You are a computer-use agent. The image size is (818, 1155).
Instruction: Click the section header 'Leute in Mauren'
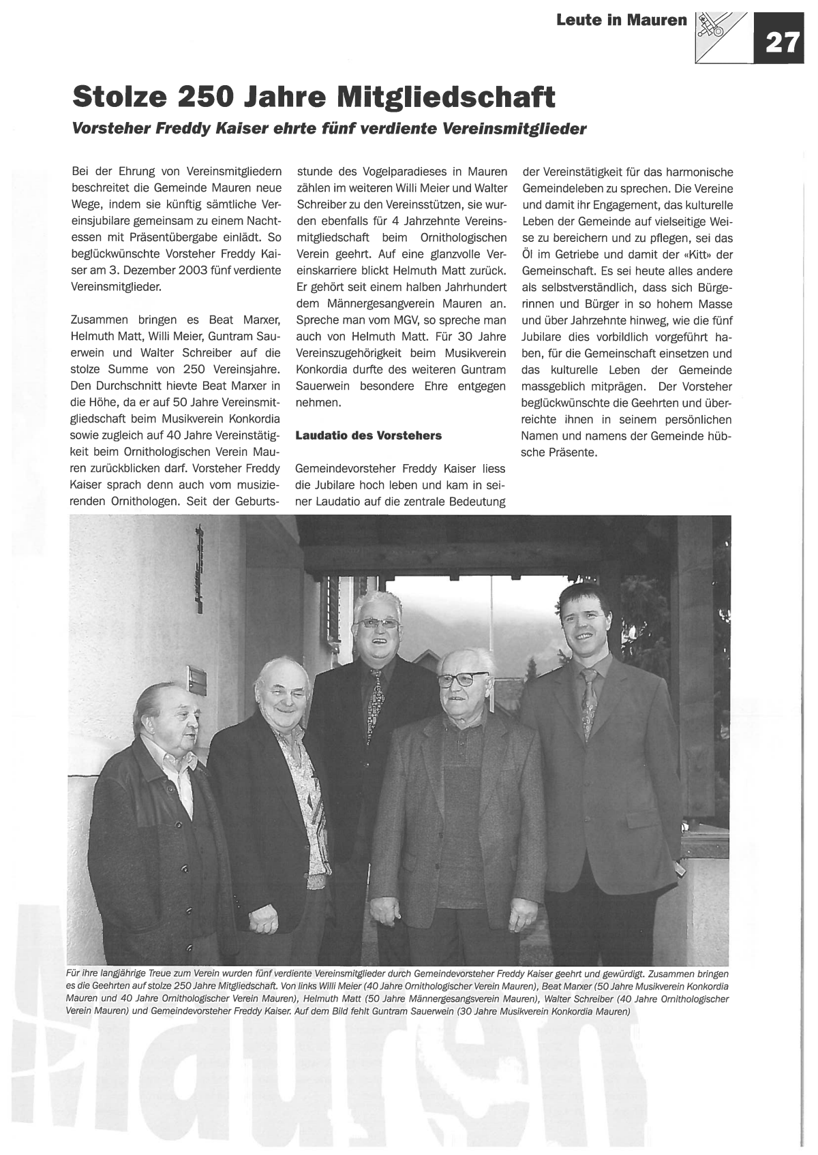click(x=621, y=20)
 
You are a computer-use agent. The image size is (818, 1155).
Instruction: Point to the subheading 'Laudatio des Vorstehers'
click(x=368, y=435)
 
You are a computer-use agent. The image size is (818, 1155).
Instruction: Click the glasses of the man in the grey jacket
click(x=464, y=679)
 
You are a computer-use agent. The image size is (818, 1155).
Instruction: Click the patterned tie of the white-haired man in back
click(x=374, y=705)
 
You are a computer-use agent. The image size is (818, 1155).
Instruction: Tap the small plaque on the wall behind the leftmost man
click(x=197, y=677)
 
